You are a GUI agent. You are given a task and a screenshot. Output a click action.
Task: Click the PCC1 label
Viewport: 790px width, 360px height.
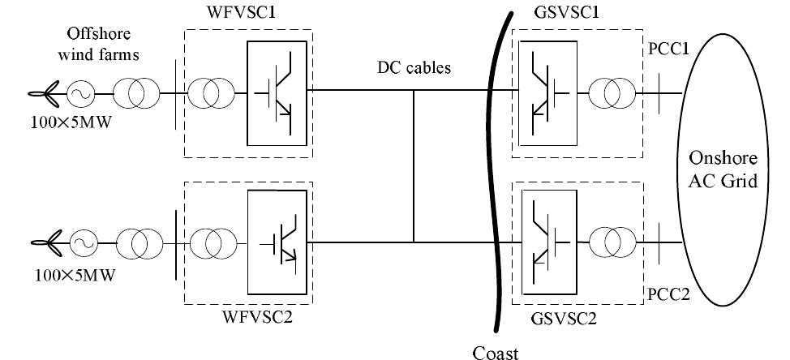pyautogui.click(x=668, y=50)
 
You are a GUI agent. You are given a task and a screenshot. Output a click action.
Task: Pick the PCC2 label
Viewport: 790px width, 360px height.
pyautogui.click(x=668, y=293)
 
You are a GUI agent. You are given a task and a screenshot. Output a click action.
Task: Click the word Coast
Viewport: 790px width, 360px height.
pyautogui.click(x=495, y=351)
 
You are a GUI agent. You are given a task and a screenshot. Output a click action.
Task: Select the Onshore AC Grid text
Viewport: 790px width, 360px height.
pyautogui.click(x=723, y=169)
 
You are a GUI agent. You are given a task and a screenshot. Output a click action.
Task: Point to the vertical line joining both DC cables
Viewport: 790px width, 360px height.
pyautogui.click(x=414, y=167)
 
